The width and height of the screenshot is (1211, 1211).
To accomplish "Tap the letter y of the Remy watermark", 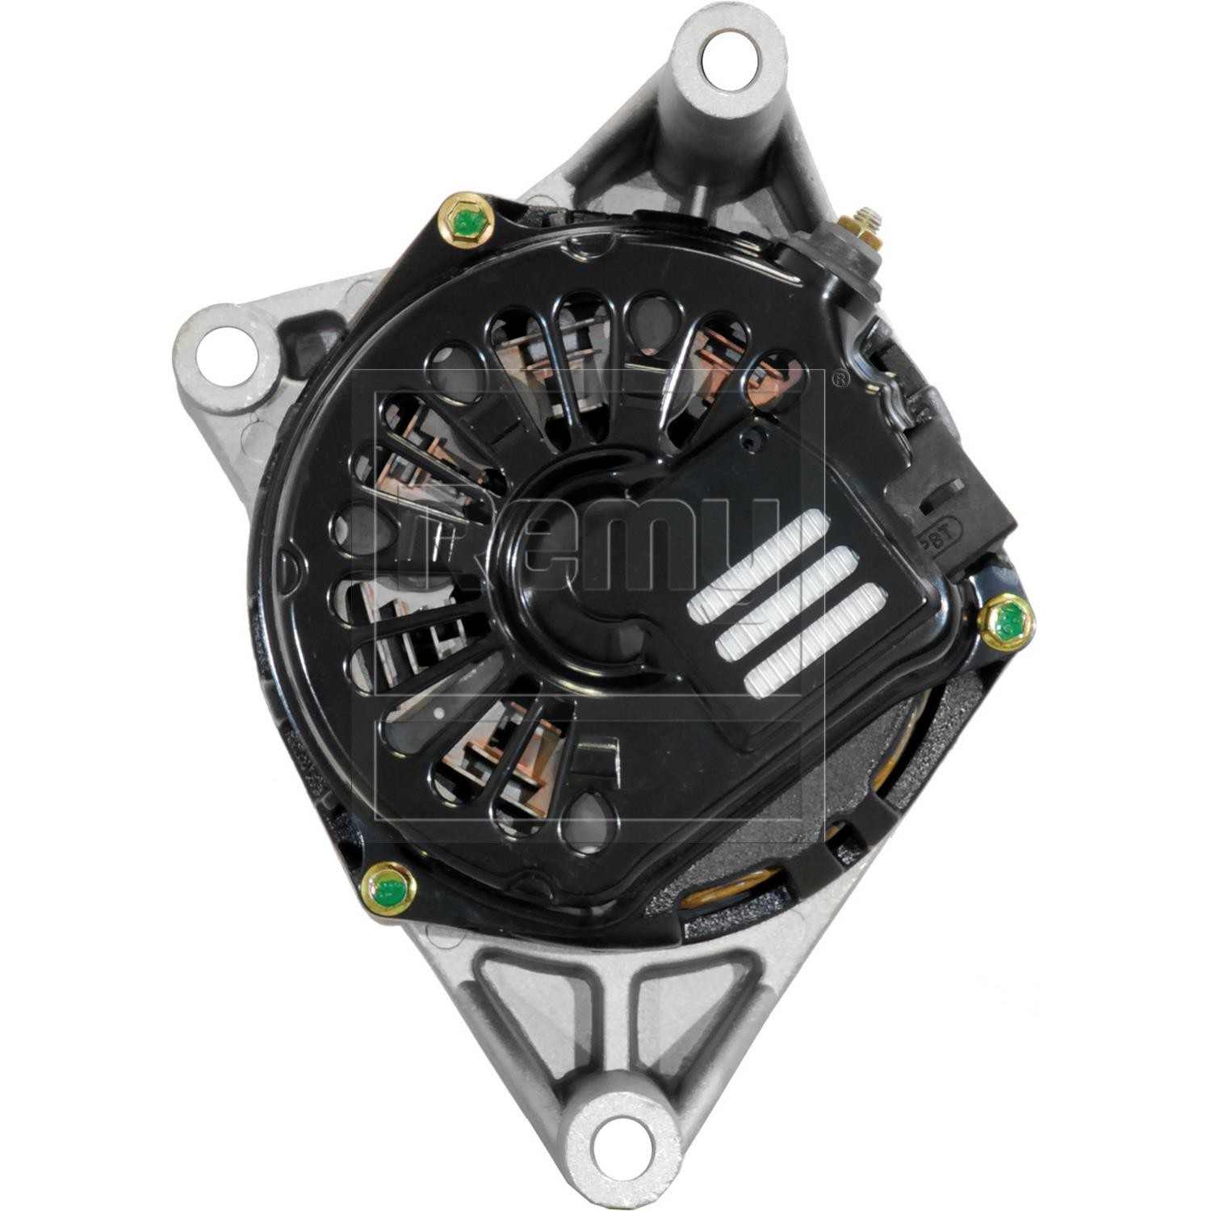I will (x=747, y=557).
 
